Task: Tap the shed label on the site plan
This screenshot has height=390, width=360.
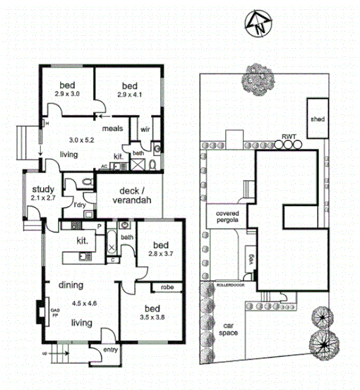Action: coord(317,119)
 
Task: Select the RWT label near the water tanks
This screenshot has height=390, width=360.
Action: coord(289,136)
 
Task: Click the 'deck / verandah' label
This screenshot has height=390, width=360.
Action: coord(132,195)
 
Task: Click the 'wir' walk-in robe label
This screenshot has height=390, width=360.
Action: coord(145,129)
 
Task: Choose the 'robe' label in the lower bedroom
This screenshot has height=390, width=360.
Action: coord(167,287)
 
